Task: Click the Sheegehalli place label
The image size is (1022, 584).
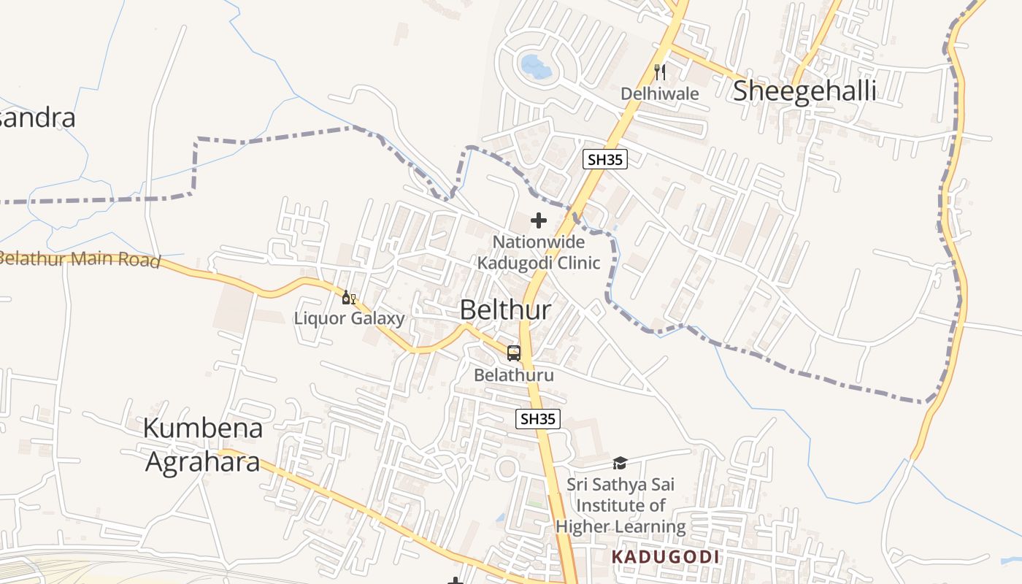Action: (804, 91)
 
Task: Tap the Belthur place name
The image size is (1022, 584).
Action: (505, 310)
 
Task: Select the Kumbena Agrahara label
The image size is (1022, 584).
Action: (202, 445)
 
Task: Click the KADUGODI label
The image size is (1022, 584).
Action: (665, 557)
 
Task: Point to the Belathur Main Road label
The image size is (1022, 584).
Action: (79, 259)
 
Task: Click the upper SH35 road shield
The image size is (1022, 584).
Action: (605, 159)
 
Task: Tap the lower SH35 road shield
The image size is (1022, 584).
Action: (538, 419)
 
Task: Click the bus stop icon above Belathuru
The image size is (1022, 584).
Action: (514, 354)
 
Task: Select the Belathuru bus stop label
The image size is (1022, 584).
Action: (514, 375)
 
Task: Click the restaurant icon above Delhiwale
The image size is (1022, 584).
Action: (660, 72)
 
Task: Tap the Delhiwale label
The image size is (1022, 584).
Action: (660, 93)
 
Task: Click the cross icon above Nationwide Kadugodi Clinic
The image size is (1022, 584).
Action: (539, 220)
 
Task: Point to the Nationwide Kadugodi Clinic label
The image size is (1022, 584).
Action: (539, 252)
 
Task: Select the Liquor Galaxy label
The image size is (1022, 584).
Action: (349, 318)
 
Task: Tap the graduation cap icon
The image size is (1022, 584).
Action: (620, 463)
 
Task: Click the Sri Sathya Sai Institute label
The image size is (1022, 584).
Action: (620, 505)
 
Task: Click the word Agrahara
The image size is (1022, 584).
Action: (202, 461)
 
